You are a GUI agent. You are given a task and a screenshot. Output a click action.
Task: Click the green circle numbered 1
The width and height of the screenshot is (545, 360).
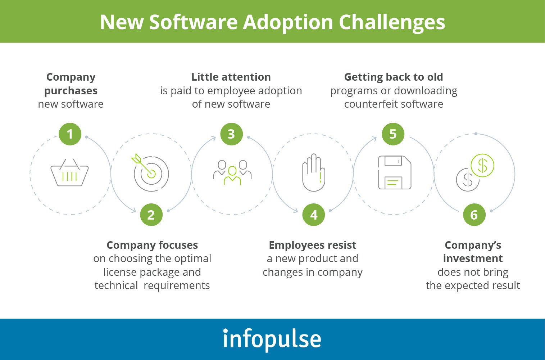[70, 134]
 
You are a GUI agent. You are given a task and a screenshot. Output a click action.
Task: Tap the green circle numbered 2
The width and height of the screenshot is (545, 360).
[151, 215]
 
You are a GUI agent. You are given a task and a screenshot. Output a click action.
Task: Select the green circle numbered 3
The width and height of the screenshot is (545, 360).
[232, 134]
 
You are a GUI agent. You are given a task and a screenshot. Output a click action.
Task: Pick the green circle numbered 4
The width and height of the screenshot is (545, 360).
[314, 215]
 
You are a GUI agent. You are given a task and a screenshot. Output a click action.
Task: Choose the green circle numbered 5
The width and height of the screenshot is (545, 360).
[393, 134]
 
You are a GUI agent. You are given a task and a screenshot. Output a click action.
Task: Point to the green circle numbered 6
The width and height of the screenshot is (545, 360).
[474, 215]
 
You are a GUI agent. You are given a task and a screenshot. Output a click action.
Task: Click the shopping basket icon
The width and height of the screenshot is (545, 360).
[69, 172]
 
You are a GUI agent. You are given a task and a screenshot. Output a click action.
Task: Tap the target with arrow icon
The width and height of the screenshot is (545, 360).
[150, 172]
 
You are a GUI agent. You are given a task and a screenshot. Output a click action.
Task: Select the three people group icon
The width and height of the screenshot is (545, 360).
[232, 172]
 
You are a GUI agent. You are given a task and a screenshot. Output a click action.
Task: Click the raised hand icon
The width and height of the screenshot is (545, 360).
[314, 172]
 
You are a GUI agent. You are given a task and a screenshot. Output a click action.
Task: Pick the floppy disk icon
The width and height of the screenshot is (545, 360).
[395, 172]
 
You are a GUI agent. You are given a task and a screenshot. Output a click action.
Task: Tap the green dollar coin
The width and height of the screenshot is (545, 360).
[482, 166]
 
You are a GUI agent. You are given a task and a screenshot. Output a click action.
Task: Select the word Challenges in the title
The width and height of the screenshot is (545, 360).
[392, 23]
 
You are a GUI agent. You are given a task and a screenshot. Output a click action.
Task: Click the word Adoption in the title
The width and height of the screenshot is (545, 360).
[288, 23]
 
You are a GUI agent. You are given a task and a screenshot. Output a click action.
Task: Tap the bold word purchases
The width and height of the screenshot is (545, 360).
[71, 91]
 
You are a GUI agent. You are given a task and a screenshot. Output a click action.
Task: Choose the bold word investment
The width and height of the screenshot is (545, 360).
[473, 258]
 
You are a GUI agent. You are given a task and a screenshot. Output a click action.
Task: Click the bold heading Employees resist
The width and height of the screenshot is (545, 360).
[313, 245]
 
